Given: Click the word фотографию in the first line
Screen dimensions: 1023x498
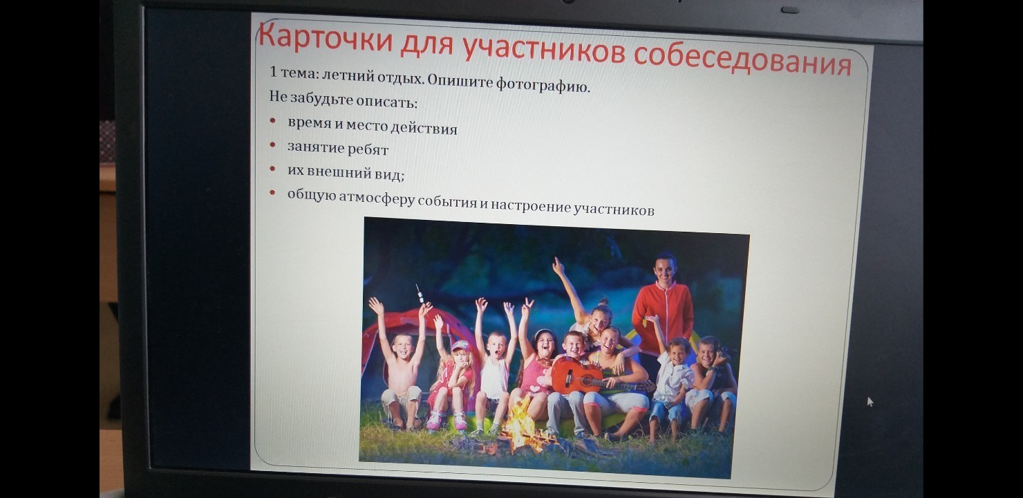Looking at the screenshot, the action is pos(543,84).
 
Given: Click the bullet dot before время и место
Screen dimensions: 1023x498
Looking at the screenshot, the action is pos(272,120).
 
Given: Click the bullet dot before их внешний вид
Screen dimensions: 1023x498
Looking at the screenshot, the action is pos(272,169).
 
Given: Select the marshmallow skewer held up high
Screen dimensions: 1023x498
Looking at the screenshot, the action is pos(420,294).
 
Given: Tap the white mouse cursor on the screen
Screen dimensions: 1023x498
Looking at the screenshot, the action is pos(870,402).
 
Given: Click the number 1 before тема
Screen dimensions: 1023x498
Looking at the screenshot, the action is pos(273,71).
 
